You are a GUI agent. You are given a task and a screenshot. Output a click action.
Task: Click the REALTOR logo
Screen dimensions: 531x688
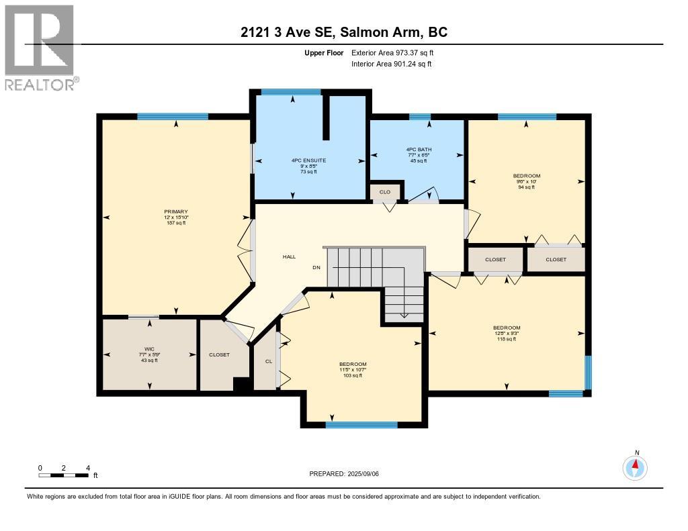coord(40,47)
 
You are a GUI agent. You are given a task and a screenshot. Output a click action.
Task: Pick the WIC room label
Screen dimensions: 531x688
coord(149,349)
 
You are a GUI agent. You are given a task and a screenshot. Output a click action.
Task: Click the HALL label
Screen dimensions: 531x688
coord(289,256)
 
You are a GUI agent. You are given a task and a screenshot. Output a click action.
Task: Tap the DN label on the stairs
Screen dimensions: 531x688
coord(316,268)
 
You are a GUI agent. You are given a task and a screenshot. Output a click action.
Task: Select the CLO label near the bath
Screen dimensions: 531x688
coord(385,192)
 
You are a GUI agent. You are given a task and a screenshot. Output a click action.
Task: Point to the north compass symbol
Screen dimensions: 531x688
coord(635,467)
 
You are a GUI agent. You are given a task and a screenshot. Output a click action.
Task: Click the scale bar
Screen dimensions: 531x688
coord(64,475)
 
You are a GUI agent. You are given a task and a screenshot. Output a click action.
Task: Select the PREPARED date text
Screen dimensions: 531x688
coord(349,473)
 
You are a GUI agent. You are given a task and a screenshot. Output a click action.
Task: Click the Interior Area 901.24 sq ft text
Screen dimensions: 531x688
coord(391,64)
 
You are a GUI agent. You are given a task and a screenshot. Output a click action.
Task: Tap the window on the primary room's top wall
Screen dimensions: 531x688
coord(173,116)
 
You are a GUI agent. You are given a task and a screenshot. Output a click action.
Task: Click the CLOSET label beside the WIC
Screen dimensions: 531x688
coord(220,354)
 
